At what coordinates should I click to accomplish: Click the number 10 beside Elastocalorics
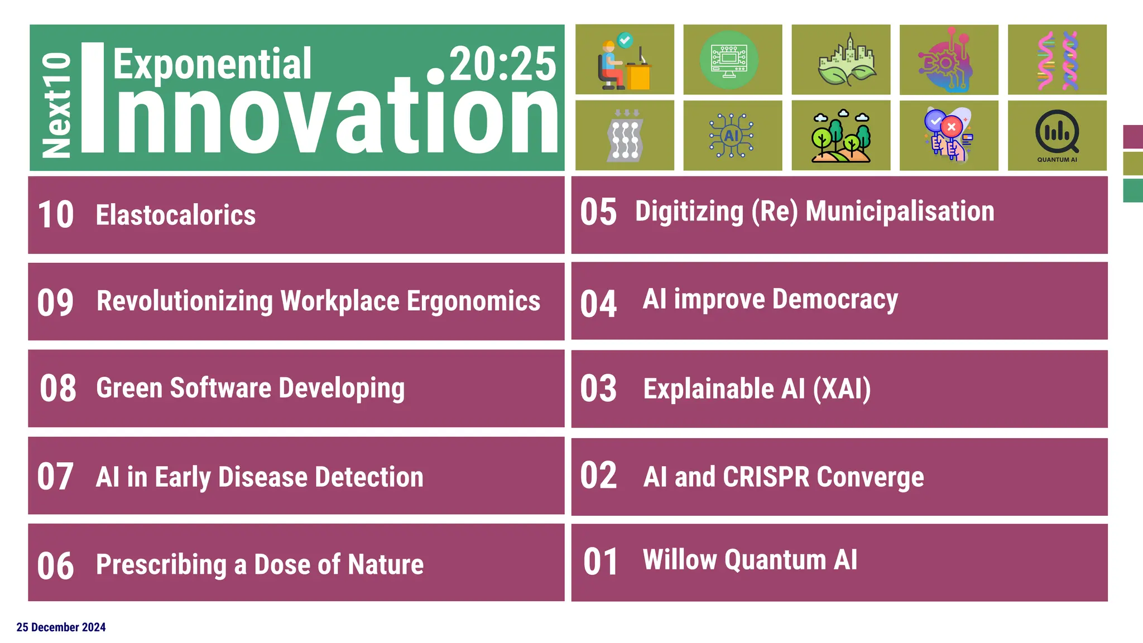tap(55, 215)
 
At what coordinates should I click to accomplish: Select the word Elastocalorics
tap(175, 215)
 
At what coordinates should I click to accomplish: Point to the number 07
tap(55, 477)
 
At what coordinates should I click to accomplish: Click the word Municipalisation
tap(900, 212)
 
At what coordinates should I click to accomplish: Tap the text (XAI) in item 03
tap(842, 389)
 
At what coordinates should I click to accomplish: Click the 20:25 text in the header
tap(502, 64)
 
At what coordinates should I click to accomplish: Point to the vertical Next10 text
tap(56, 105)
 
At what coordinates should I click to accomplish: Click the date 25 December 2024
tap(61, 627)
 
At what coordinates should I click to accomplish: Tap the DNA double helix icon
tap(1057, 60)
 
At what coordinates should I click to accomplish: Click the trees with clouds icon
tap(841, 136)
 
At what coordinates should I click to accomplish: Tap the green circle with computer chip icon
tap(729, 60)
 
